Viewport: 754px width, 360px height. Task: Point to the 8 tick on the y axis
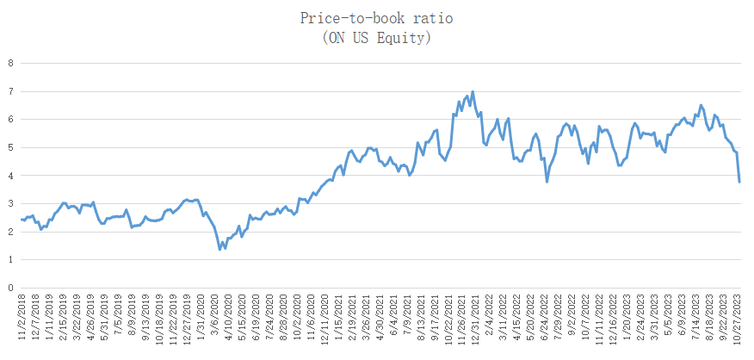point(10,63)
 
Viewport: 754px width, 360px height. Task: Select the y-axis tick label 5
point(10,147)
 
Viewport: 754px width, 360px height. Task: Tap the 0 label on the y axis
point(10,288)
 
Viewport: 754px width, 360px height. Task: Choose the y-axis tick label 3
point(10,203)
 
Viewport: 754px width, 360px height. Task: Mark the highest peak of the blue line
point(473,91)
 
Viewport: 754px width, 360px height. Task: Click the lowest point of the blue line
point(220,250)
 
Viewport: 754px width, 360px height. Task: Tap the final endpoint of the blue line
point(739,182)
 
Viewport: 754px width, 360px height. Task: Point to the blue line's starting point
point(21,220)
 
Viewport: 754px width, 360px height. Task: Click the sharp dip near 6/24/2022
point(547,182)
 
